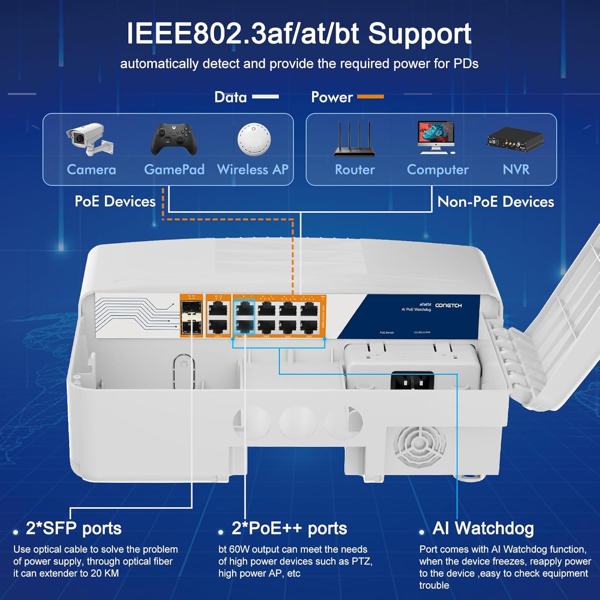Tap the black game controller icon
(x=174, y=139)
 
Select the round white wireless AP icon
(x=254, y=139)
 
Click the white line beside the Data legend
(x=265, y=97)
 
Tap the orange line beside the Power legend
(x=370, y=97)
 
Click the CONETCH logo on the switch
(x=448, y=306)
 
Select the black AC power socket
(x=412, y=380)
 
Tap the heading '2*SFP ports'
(x=74, y=528)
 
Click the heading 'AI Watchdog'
(x=483, y=528)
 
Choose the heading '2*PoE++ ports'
(x=289, y=528)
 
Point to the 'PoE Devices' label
(x=115, y=201)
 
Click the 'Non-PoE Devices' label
(x=496, y=202)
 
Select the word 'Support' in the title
(x=420, y=34)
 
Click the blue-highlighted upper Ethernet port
(x=244, y=309)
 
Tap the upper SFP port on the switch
(x=191, y=308)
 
